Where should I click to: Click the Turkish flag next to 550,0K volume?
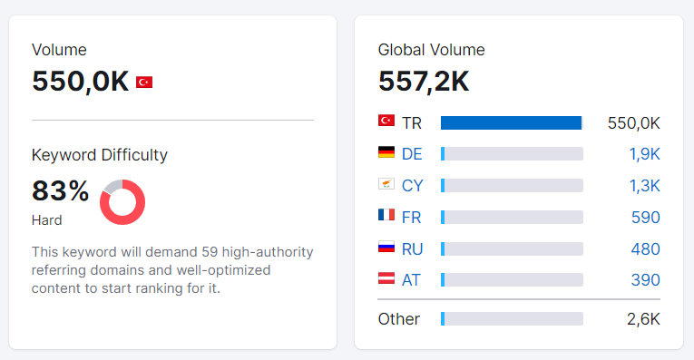tap(144, 83)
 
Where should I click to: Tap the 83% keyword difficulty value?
tap(60, 190)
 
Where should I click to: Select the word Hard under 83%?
tap(46, 220)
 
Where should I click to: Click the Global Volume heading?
tap(431, 50)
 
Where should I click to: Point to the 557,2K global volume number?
tap(424, 82)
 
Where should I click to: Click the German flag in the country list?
tap(386, 152)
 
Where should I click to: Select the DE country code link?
tap(412, 154)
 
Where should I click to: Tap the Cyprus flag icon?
tap(386, 183)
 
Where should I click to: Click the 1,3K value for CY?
tap(644, 186)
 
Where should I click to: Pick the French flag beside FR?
tap(386, 215)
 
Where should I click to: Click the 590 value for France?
tap(645, 217)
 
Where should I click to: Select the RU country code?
tap(412, 249)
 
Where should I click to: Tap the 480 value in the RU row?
tap(645, 249)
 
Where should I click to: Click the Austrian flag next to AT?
tap(386, 277)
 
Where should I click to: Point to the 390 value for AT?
tap(645, 280)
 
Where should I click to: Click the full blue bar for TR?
tap(512, 123)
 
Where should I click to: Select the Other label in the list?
tap(399, 319)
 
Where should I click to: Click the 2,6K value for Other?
tap(643, 319)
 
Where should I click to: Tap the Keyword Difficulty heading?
tap(100, 155)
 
